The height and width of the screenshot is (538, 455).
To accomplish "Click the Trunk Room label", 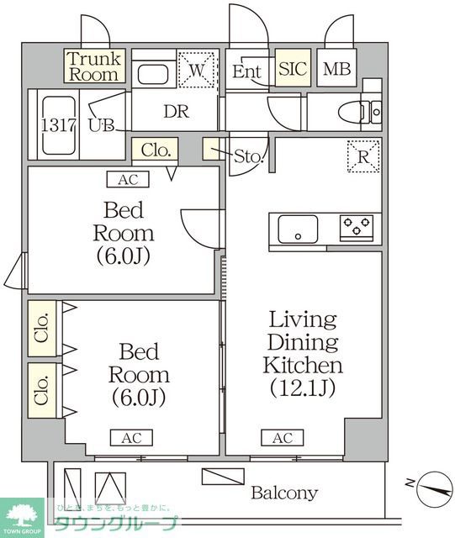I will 94,66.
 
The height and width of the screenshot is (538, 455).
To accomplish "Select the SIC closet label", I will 294,70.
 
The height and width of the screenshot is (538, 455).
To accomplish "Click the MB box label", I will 338,70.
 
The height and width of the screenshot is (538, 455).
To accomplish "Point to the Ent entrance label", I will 246,71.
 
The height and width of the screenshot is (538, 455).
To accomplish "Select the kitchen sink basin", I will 298,228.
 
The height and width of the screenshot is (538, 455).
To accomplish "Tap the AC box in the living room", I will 282,438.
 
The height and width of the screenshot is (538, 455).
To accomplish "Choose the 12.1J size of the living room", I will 303,388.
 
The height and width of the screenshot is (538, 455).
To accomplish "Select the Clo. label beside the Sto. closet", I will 155,151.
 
